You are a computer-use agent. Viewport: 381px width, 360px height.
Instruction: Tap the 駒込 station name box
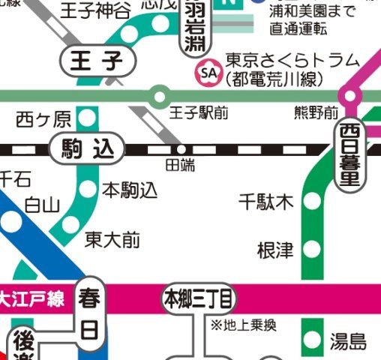coord(86,148)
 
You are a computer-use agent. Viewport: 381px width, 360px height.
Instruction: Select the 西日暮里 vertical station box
coord(350,155)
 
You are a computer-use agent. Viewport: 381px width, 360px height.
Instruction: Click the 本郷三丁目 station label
coord(199,300)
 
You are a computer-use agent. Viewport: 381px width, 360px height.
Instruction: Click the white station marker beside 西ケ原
coord(88,118)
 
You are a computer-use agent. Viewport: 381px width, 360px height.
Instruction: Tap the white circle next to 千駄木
coord(312,202)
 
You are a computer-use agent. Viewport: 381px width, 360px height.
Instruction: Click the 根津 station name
coord(274,250)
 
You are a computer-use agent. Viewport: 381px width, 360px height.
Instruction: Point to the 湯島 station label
coord(349,343)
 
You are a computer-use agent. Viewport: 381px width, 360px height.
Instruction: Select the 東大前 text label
coord(112,240)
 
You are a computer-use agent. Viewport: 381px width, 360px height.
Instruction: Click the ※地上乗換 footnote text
coord(244,325)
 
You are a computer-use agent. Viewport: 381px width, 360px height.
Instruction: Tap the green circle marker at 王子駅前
coord(159,96)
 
